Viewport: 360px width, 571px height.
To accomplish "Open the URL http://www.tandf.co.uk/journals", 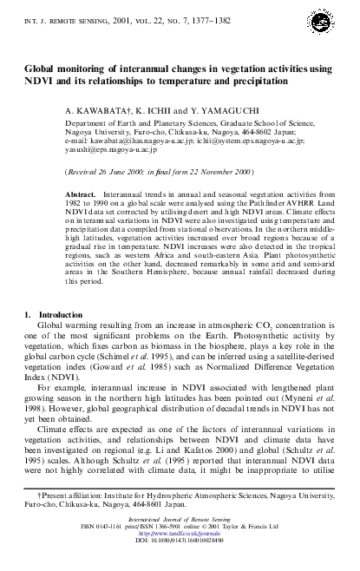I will (180, 557).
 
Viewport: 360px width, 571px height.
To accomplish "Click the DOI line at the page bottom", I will (180, 564).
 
